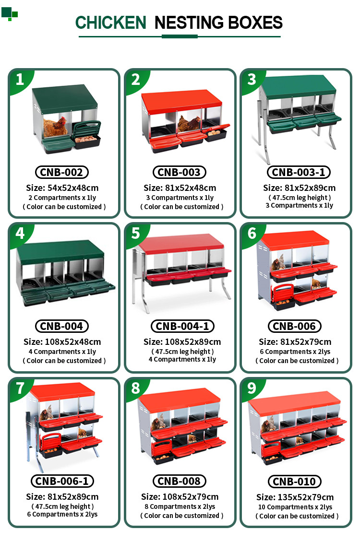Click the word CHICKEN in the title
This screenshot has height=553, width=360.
tap(110, 23)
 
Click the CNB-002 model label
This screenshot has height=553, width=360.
tap(62, 172)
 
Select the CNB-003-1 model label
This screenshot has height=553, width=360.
tap(299, 172)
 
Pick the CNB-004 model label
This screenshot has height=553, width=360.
tap(62, 326)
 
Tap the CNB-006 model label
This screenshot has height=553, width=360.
tap(294, 326)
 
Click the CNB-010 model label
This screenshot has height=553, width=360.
tap(294, 482)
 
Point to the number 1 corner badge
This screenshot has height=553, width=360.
tap(20, 79)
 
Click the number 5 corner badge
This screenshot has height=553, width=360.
tap(135, 233)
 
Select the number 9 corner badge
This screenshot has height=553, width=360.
tap(252, 388)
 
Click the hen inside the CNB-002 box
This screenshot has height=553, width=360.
tap(55, 127)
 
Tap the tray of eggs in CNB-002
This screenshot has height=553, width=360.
tap(87, 141)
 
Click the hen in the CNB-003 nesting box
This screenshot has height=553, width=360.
tap(189, 124)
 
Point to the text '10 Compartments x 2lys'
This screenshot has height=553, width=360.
tap(295, 507)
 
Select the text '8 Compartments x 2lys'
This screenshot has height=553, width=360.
tap(180, 507)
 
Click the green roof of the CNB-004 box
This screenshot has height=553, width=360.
tap(60, 251)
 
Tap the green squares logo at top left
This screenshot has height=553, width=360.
tap(10, 13)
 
